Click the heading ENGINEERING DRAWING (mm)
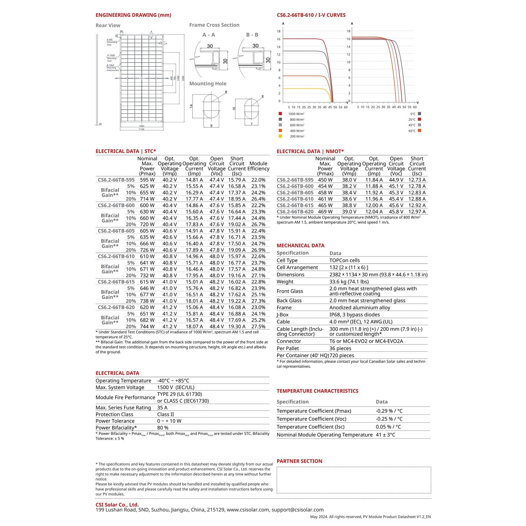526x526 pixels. pos(133,15)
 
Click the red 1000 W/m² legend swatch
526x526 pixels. pos(280,114)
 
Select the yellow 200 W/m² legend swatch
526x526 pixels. pos(280,136)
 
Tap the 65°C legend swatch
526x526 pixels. pos(419,130)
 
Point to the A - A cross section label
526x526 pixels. pos(209,35)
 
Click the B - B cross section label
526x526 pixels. pos(252,35)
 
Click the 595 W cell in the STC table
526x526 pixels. pos(147,180)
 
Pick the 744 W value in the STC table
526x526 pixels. pos(147,327)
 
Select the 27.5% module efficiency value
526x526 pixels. pos(258,327)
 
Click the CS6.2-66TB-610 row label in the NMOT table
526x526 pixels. pos(295,199)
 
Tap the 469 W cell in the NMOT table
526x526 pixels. pos(325,212)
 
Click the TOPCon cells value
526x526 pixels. pos(344,261)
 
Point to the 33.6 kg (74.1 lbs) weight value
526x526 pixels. pos(349,282)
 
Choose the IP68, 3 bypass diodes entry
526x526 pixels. pos(354,315)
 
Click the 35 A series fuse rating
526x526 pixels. pos(162,408)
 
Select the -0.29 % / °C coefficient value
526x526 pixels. pos(389,411)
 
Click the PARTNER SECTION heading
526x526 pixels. pos(299,461)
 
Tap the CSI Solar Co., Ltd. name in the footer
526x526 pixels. pos(117,505)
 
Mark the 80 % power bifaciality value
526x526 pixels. pos(163,428)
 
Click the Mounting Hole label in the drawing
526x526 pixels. pos(207,84)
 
